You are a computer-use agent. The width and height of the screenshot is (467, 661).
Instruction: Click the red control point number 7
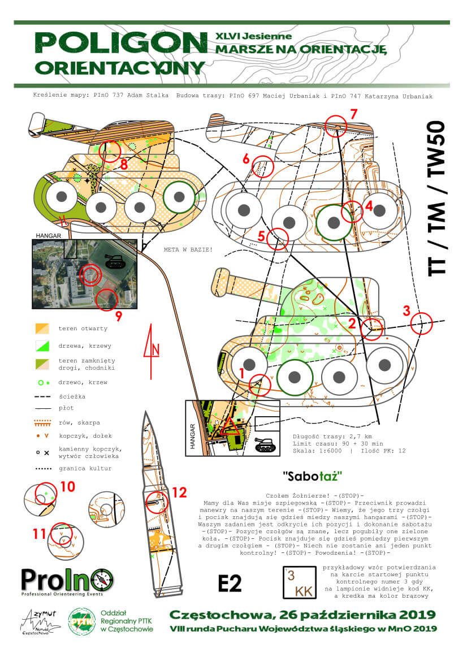(353, 113)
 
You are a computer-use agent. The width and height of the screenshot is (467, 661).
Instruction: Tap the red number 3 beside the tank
(406, 310)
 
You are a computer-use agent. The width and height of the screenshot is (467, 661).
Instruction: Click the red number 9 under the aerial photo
(118, 314)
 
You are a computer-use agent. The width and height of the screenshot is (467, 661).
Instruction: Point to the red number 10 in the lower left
(68, 486)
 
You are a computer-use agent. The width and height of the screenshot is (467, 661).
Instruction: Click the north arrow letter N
(155, 347)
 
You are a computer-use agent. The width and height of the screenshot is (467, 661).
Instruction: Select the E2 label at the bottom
(230, 583)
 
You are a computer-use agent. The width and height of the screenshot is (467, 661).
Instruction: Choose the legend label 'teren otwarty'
(83, 329)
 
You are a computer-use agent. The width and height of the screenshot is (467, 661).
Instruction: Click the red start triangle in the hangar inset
(230, 426)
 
